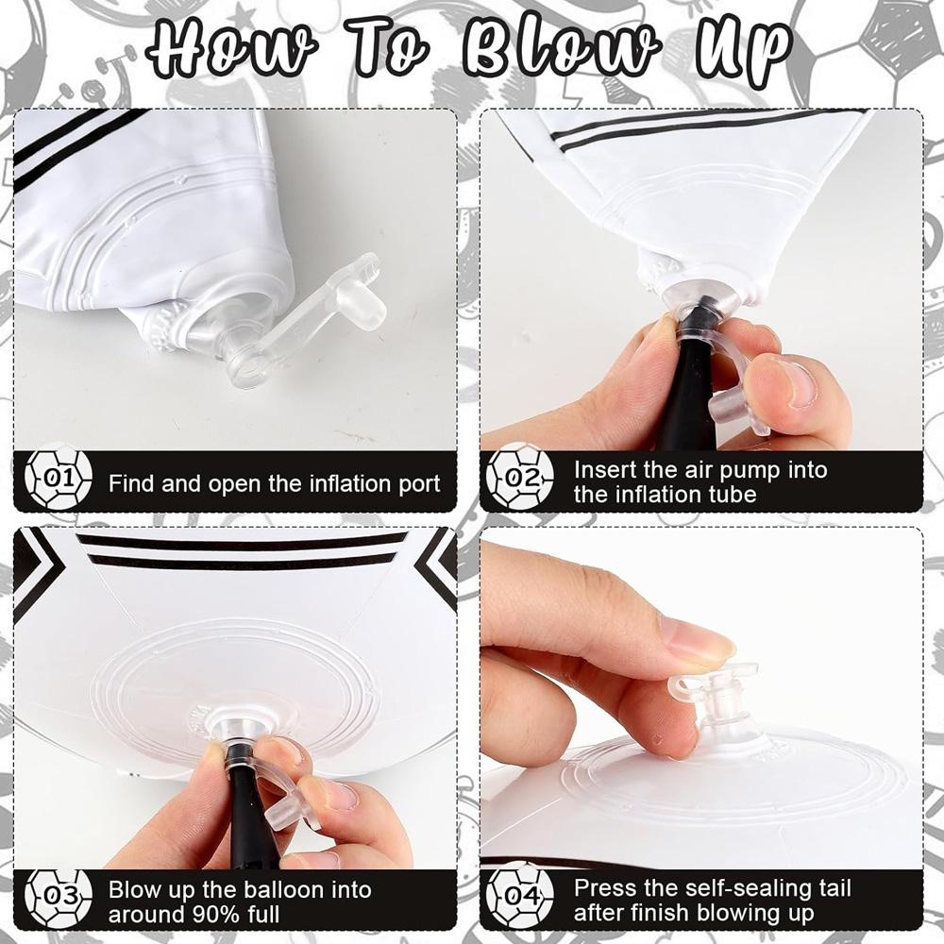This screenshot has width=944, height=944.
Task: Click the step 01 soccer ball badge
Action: (59, 480)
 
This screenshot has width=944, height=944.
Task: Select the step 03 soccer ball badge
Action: (59, 897)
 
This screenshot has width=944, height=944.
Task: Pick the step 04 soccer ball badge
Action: (519, 895)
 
